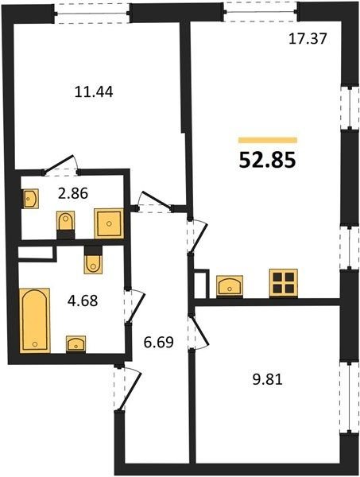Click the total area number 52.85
[267, 160]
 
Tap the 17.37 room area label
[308, 39]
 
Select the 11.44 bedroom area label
[94, 91]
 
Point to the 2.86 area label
[73, 193]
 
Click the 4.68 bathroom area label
[83, 301]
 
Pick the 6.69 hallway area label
[158, 342]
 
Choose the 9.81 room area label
[268, 379]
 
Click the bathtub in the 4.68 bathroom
[35, 320]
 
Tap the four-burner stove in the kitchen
[284, 283]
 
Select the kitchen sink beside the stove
[230, 285]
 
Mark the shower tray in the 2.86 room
[109, 223]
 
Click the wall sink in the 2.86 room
[30, 199]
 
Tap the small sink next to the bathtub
[75, 344]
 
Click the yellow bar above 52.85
[268, 140]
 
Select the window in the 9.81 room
[350, 398]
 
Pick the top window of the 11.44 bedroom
[92, 14]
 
